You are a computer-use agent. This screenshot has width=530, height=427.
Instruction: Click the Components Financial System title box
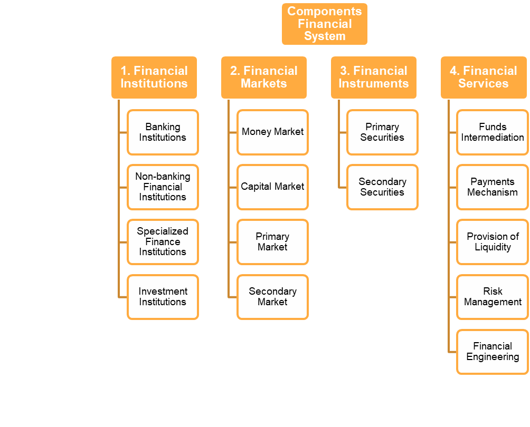pos(325,24)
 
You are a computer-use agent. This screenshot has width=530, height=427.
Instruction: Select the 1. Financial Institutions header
pos(154,77)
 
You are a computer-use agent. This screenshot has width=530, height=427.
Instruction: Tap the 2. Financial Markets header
pos(264,77)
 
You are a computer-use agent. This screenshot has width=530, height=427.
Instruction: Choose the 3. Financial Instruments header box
pos(374,77)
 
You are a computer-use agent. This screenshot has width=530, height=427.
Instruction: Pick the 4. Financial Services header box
pos(484,77)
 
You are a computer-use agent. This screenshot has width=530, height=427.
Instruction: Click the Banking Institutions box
pos(163,132)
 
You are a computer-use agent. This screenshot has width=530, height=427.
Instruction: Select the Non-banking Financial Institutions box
pos(163,187)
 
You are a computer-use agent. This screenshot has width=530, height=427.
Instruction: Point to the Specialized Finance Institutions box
pos(163,242)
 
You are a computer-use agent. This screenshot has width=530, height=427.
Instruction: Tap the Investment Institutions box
pos(163,297)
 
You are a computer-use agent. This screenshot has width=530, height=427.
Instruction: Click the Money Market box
pos(272,132)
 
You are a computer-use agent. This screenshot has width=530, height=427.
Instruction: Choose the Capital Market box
pos(272,187)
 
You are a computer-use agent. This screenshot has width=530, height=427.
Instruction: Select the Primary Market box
pos(272,242)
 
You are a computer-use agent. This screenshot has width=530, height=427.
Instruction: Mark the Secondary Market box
pos(272,297)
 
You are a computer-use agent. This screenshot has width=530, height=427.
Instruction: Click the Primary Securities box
pos(382,132)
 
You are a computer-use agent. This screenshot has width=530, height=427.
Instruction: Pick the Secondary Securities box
pos(382,187)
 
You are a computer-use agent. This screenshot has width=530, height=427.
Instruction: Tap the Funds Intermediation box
pos(492,132)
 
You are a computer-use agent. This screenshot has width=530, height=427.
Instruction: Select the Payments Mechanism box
pos(492,187)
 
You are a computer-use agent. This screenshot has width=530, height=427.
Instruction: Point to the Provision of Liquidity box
pos(492,242)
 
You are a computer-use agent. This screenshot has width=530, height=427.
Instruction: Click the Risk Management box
pos(492,297)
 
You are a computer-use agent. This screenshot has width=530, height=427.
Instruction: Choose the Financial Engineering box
pos(492,352)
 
